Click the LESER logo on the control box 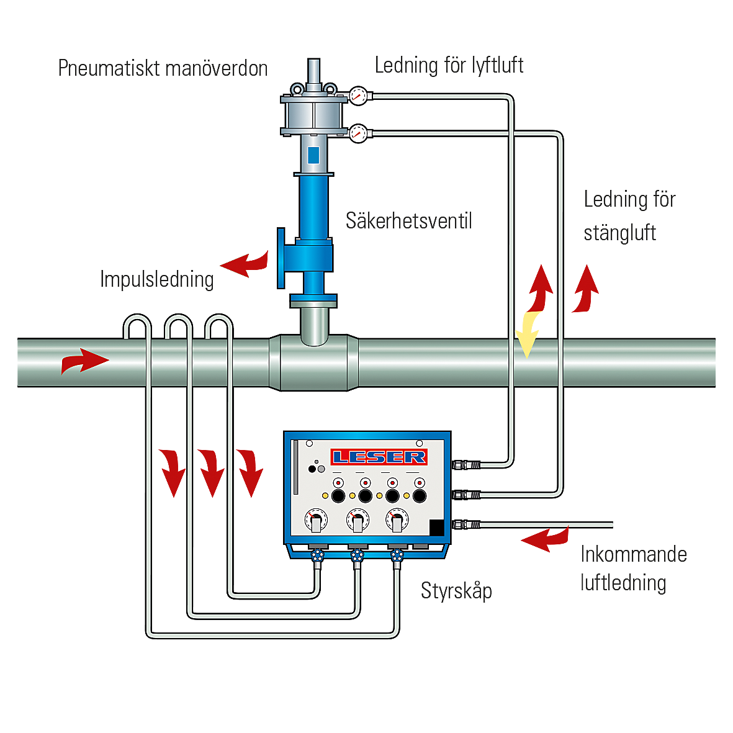coord(379,457)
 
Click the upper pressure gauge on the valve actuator coord(358,96)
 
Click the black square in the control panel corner coord(436,526)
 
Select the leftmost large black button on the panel coord(338,496)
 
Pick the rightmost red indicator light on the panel coord(420,483)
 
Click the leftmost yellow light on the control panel coord(325,496)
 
